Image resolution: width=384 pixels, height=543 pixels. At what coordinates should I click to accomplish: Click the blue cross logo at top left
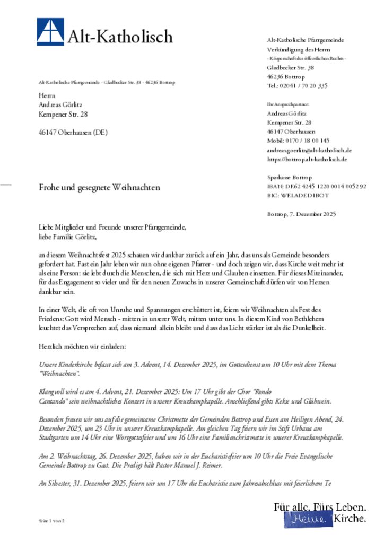tap(50, 32)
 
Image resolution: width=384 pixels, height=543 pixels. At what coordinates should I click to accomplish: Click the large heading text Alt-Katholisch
tap(120, 36)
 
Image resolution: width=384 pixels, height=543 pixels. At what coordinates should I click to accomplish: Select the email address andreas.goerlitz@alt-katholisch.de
tap(309, 150)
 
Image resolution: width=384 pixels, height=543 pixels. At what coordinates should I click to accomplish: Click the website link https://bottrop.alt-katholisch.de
tap(307, 159)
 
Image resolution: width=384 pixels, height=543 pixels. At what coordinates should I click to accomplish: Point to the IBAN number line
tap(317, 186)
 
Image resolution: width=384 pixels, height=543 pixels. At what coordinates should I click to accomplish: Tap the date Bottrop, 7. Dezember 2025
tap(301, 214)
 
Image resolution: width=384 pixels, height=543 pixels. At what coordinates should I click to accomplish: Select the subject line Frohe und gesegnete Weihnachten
tap(99, 187)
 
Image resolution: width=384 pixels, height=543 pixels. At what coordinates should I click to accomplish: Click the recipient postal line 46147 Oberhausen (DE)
tap(73, 133)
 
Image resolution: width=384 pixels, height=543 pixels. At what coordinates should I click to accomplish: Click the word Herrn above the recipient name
tap(47, 96)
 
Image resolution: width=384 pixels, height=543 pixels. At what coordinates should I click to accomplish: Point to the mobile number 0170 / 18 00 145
tap(298, 141)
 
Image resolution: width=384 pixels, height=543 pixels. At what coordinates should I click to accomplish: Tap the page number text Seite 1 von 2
tap(51, 521)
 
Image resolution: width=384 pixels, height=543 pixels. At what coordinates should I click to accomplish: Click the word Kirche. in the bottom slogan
tap(349, 519)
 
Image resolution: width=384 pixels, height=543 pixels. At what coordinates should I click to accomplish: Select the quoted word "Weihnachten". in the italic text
tap(59, 374)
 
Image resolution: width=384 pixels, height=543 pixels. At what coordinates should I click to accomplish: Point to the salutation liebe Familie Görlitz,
tap(69, 237)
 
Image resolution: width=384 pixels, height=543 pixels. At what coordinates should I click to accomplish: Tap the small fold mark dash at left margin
tap(6, 184)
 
